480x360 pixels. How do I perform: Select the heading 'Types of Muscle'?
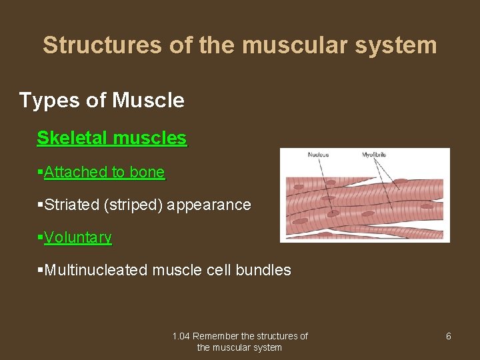coord(101,101)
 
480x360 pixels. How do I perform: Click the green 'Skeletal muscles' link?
coord(111,138)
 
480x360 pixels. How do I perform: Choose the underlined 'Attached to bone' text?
coord(104,172)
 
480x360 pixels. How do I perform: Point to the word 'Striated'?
coord(71,205)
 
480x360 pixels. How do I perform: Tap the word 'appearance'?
coord(209,205)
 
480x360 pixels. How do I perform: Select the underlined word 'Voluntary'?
coord(78,237)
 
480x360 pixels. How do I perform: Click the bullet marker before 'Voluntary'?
coord(40,237)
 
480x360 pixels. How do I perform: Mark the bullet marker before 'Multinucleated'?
coord(40,270)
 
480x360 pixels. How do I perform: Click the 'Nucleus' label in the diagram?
coord(318,155)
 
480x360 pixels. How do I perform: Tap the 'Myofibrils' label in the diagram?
coord(374,155)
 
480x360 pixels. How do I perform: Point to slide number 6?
coord(448,336)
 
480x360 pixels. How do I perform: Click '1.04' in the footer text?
coord(180,336)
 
